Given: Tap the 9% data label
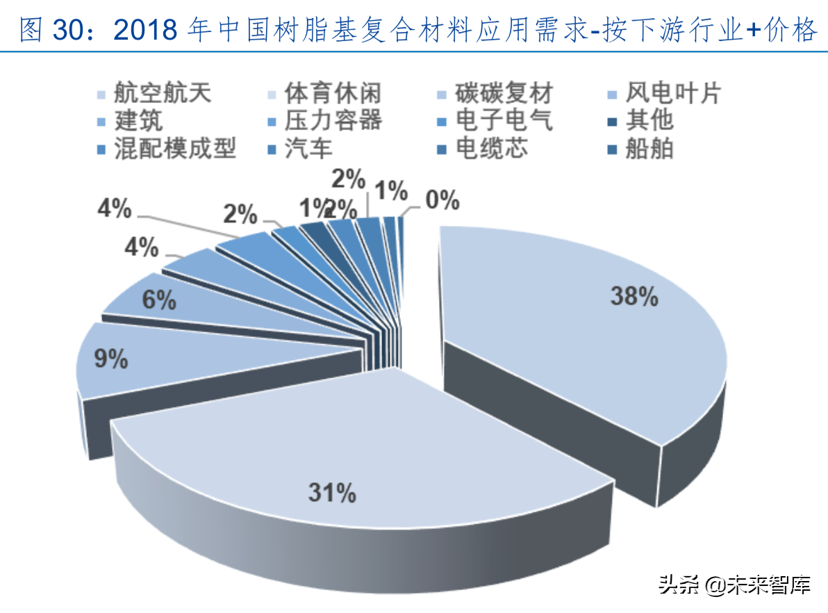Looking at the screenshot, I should click(x=112, y=359).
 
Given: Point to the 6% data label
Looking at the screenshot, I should click(x=159, y=300).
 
